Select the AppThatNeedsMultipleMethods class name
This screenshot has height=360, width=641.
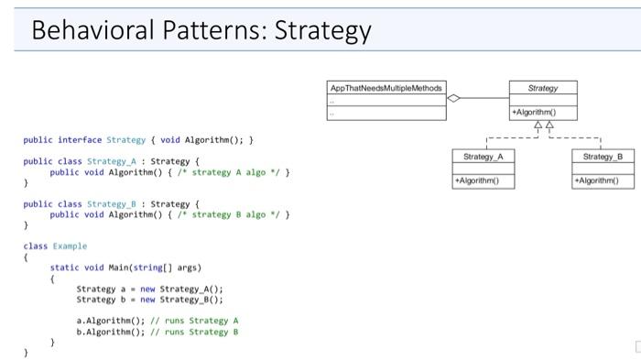pos(386,88)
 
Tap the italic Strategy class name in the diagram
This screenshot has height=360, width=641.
pos(543,88)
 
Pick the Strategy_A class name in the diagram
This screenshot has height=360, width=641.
pos(483,157)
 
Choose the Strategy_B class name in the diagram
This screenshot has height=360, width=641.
pos(602,157)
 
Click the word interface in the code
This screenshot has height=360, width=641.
pos(80,140)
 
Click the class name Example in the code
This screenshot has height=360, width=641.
pos(70,245)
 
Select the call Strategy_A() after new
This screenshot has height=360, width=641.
pos(194,289)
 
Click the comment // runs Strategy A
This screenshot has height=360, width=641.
pos(200,321)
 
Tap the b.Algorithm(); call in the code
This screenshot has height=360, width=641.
pos(107,332)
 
